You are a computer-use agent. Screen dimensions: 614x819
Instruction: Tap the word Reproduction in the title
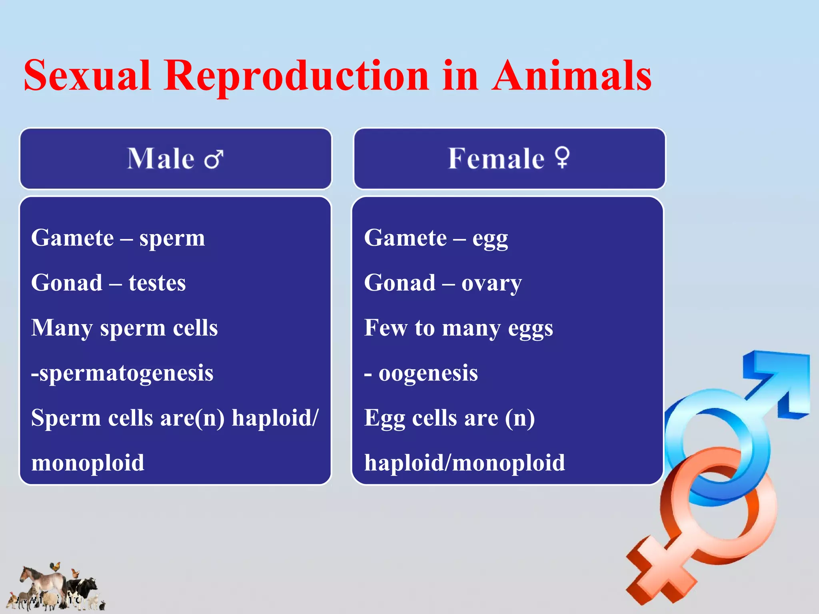pos(296,76)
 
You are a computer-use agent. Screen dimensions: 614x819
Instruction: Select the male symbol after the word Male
pos(214,159)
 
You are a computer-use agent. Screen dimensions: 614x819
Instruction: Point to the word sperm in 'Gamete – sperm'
pos(172,239)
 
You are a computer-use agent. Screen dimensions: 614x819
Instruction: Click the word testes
pos(157,283)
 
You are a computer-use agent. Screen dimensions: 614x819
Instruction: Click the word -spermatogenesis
pos(122,373)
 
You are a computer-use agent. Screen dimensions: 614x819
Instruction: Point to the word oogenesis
pos(428,373)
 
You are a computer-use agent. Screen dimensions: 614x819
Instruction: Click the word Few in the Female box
pos(385,328)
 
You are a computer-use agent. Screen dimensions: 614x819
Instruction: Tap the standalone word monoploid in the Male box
pos(88,463)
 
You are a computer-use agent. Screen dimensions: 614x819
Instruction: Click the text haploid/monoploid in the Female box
pos(464,463)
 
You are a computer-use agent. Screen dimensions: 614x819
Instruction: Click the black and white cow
pos(82,588)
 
